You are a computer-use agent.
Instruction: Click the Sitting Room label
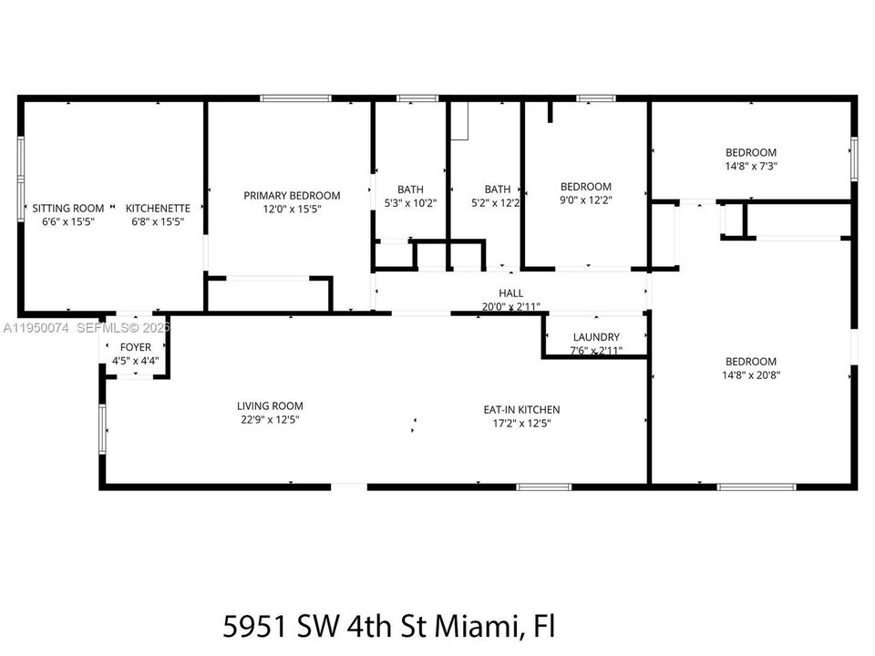tap(68, 208)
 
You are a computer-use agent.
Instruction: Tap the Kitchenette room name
tap(158, 208)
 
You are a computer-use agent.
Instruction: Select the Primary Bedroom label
tap(292, 196)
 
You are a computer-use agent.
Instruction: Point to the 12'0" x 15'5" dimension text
tap(292, 210)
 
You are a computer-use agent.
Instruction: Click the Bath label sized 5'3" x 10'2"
tap(410, 190)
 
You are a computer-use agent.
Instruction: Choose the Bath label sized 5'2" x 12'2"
tap(498, 190)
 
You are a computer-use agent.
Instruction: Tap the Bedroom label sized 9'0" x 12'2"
tap(586, 186)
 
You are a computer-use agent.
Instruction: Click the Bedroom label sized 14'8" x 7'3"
tap(751, 152)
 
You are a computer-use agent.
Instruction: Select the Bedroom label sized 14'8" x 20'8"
tap(751, 362)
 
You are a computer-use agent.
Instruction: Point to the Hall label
tap(511, 292)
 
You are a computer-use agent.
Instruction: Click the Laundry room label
tap(596, 337)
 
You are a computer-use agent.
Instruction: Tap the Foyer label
tap(136, 347)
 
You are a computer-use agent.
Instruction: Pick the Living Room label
tap(270, 406)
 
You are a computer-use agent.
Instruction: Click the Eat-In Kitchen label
tap(521, 409)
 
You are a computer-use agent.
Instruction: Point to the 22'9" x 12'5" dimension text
tap(270, 419)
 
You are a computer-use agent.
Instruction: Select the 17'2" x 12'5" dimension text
tap(521, 423)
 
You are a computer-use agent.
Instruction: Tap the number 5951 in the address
tap(255, 627)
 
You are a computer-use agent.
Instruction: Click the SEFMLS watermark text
tap(100, 328)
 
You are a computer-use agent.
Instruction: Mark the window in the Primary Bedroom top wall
tap(295, 98)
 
